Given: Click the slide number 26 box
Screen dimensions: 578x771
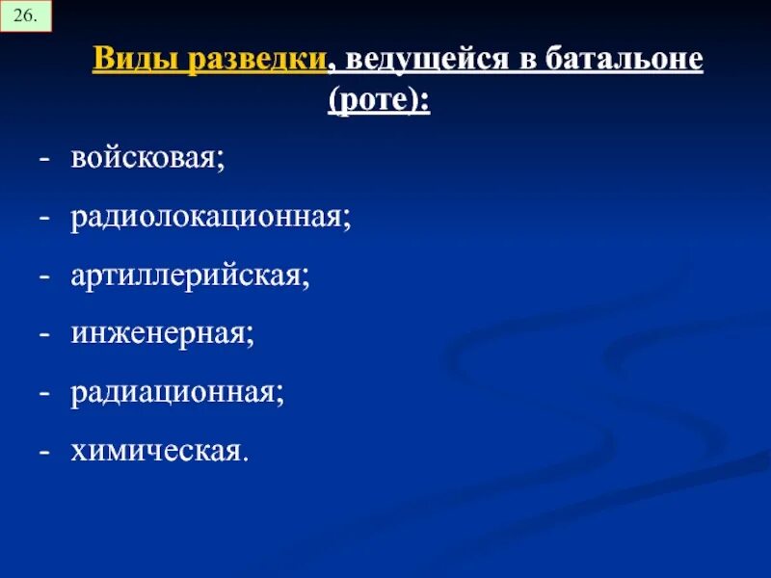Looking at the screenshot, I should [x=26, y=17].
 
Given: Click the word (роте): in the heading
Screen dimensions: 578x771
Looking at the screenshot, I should [x=379, y=99].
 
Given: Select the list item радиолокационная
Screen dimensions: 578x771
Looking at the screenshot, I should [x=210, y=217].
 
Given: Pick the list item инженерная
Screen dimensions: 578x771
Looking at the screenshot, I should [x=162, y=333].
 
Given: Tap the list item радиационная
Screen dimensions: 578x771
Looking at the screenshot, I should [x=176, y=392].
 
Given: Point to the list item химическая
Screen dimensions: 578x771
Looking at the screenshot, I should [x=158, y=450].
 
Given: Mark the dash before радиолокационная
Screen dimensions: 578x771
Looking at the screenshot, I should [x=43, y=218].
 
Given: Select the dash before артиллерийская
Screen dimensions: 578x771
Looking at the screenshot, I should [x=43, y=276].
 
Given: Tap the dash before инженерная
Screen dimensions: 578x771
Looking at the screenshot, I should [x=43, y=334].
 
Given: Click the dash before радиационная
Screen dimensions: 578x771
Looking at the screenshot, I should [x=43, y=393].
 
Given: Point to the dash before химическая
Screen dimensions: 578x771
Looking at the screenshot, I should [x=43, y=451].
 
